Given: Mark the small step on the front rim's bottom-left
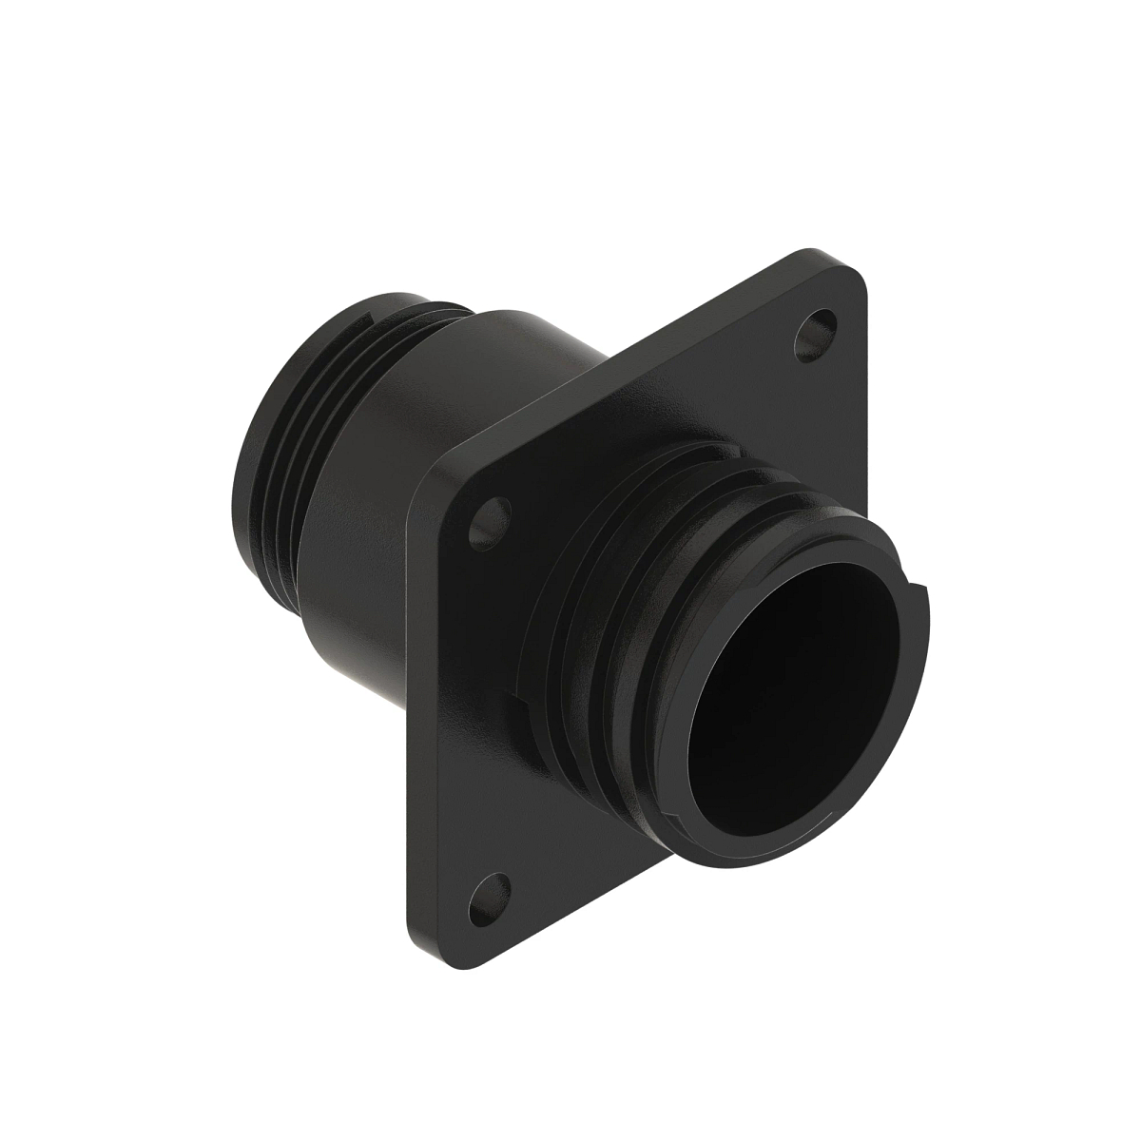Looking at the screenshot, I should tap(677, 818).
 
